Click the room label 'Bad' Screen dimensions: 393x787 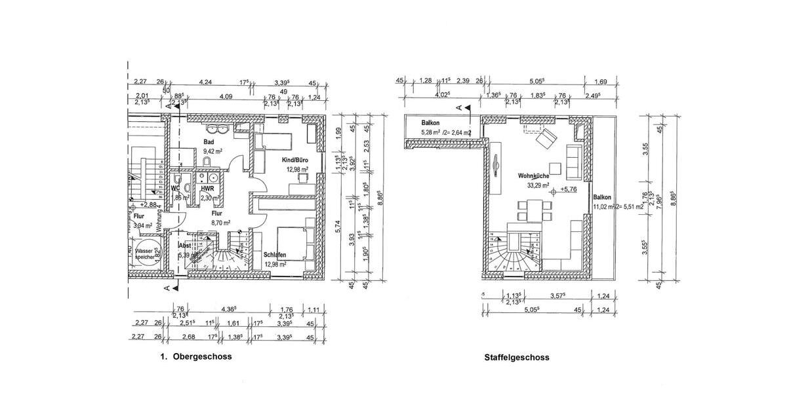click(209, 141)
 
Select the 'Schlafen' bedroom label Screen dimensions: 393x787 click(275, 255)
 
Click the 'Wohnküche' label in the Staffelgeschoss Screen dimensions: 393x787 click(533, 176)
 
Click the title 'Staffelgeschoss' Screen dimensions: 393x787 click(517, 358)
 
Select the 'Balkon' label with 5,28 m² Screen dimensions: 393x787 click(430, 123)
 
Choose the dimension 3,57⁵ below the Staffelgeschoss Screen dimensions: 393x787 click(558, 296)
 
